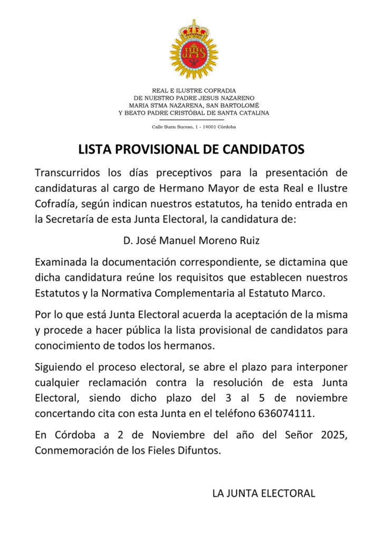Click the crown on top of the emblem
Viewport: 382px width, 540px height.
(x=193, y=30)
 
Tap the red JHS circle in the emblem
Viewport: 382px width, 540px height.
(x=193, y=52)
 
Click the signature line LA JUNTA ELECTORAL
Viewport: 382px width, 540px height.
(x=263, y=494)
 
